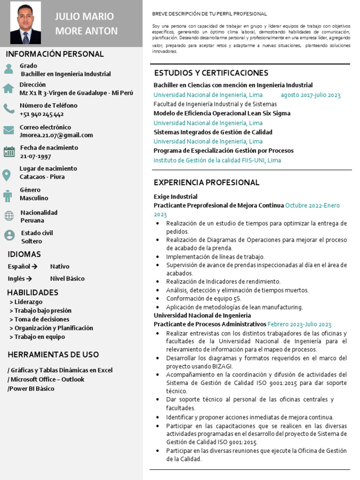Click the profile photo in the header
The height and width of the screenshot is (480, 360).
(25, 23)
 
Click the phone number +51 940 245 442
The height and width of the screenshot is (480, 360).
(42, 114)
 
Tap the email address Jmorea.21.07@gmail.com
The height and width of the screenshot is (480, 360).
(56, 135)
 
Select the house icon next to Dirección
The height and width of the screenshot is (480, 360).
(8, 89)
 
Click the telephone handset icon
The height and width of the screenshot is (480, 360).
(8, 109)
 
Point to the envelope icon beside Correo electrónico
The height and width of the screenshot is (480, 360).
(8, 130)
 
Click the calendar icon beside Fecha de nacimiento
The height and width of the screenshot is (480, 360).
(9, 151)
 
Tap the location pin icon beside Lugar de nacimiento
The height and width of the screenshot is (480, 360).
(7, 175)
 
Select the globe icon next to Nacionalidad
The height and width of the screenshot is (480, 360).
(9, 216)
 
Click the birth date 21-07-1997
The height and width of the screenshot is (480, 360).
(36, 156)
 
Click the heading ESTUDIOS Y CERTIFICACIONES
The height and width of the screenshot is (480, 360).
(211, 73)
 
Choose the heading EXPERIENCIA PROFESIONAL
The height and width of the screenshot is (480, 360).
(206, 182)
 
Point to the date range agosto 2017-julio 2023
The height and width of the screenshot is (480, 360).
(310, 95)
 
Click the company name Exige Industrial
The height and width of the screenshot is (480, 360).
(175, 196)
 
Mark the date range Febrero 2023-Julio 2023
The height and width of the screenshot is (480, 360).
(299, 324)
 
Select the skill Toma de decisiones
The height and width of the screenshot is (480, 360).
(39, 319)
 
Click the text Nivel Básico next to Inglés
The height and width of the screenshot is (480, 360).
(67, 278)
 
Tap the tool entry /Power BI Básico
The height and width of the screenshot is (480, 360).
(31, 389)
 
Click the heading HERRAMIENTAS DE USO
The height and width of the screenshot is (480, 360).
(53, 354)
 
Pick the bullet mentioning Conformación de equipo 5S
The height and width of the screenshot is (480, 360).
(203, 299)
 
